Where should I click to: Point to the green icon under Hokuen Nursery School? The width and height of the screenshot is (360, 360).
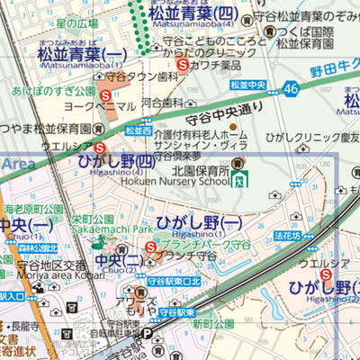tap(239, 179)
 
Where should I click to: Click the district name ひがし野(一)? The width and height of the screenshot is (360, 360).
tap(199, 221)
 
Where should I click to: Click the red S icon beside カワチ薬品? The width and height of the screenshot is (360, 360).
tap(183, 65)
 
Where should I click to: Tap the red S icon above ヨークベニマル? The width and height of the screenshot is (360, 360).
tap(105, 94)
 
